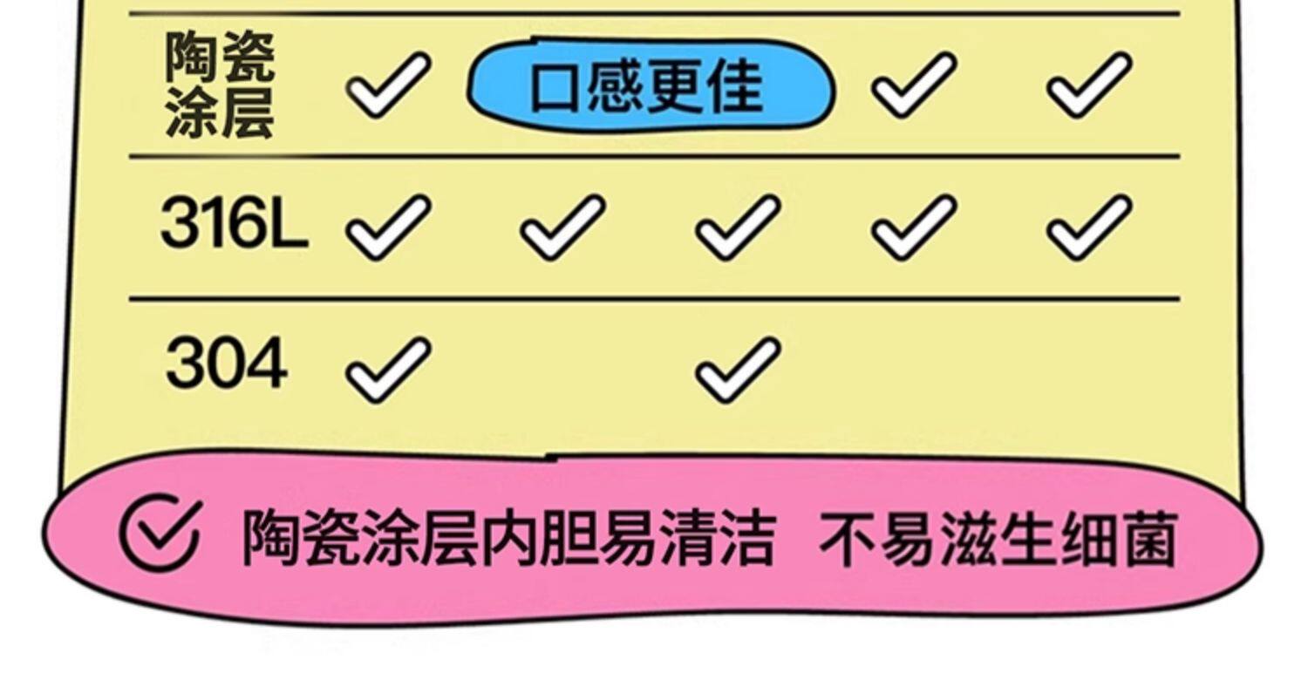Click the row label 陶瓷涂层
click(x=220, y=85)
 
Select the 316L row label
click(x=234, y=223)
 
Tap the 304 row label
click(x=226, y=364)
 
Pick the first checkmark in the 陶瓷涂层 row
click(x=388, y=84)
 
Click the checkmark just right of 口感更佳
click(x=913, y=84)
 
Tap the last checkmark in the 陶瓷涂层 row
click(x=1089, y=84)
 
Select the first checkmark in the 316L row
click(x=388, y=227)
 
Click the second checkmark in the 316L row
click(x=562, y=227)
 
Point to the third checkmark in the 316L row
click(x=738, y=227)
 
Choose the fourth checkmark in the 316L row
click(x=913, y=227)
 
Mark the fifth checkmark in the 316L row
click(x=1089, y=227)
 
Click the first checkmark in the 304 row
click(x=388, y=370)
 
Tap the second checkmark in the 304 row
click(x=738, y=370)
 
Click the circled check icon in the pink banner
click(x=160, y=533)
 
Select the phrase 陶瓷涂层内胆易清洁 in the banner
click(x=508, y=537)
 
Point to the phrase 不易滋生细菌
click(x=998, y=537)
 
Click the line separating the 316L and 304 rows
click(x=654, y=299)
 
